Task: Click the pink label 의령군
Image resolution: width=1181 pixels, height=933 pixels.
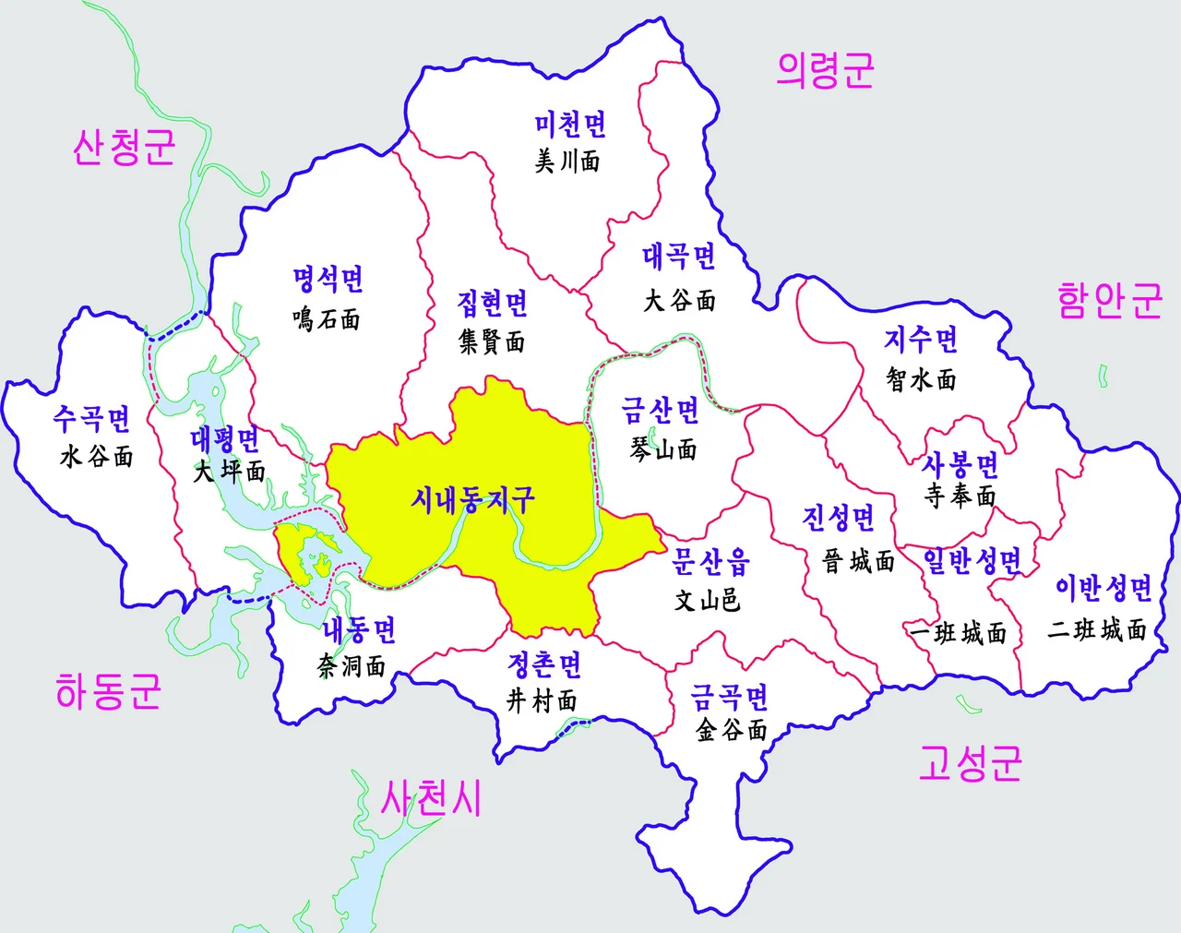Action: [x=825, y=70]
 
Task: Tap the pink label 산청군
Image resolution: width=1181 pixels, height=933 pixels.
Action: [x=125, y=147]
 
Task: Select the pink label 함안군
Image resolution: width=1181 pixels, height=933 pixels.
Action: [x=1109, y=301]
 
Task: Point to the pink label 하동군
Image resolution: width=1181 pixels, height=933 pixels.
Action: [x=109, y=690]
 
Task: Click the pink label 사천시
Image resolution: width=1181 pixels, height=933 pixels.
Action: [x=432, y=798]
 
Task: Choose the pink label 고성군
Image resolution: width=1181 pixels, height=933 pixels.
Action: [x=970, y=763]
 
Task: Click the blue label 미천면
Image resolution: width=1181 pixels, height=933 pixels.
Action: [x=570, y=125]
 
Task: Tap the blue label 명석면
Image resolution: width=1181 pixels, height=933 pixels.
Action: [x=328, y=279]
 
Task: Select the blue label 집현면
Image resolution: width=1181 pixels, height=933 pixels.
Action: [x=493, y=303]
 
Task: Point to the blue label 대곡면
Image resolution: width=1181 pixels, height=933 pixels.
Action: [x=679, y=257]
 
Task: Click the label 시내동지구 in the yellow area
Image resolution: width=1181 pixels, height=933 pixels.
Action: [x=472, y=500]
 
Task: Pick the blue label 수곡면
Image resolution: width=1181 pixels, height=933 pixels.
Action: [x=92, y=419]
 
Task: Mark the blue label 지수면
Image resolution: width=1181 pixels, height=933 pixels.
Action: [x=921, y=340]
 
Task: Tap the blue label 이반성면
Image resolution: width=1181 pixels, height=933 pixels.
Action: [x=1103, y=588]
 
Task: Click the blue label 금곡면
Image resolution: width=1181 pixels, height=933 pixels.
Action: [x=730, y=697]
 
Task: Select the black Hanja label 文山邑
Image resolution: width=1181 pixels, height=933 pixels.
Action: [x=708, y=600]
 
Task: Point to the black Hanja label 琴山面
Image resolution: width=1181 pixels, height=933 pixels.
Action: [x=663, y=449]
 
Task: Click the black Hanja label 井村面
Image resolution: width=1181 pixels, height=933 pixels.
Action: [x=543, y=700]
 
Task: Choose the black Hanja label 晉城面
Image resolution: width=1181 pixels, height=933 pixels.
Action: [x=859, y=560]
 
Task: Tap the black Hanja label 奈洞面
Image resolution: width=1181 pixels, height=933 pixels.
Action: [x=352, y=665]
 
